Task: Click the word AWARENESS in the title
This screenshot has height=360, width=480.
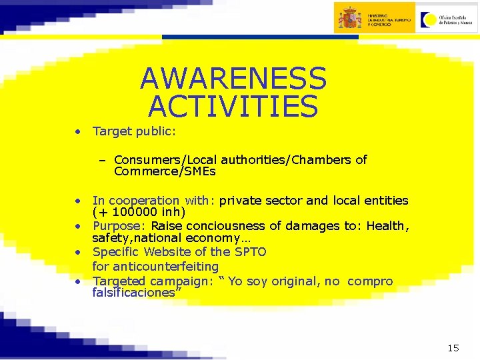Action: [x=233, y=79]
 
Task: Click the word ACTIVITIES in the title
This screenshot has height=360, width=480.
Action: [x=233, y=106]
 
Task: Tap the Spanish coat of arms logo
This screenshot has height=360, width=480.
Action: [x=349, y=18]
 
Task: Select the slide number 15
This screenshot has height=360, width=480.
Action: [x=453, y=347]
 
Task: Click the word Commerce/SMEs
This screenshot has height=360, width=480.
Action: [x=165, y=172]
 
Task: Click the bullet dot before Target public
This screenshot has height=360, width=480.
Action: [x=78, y=131]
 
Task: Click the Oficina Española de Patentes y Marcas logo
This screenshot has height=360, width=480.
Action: [x=446, y=18]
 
